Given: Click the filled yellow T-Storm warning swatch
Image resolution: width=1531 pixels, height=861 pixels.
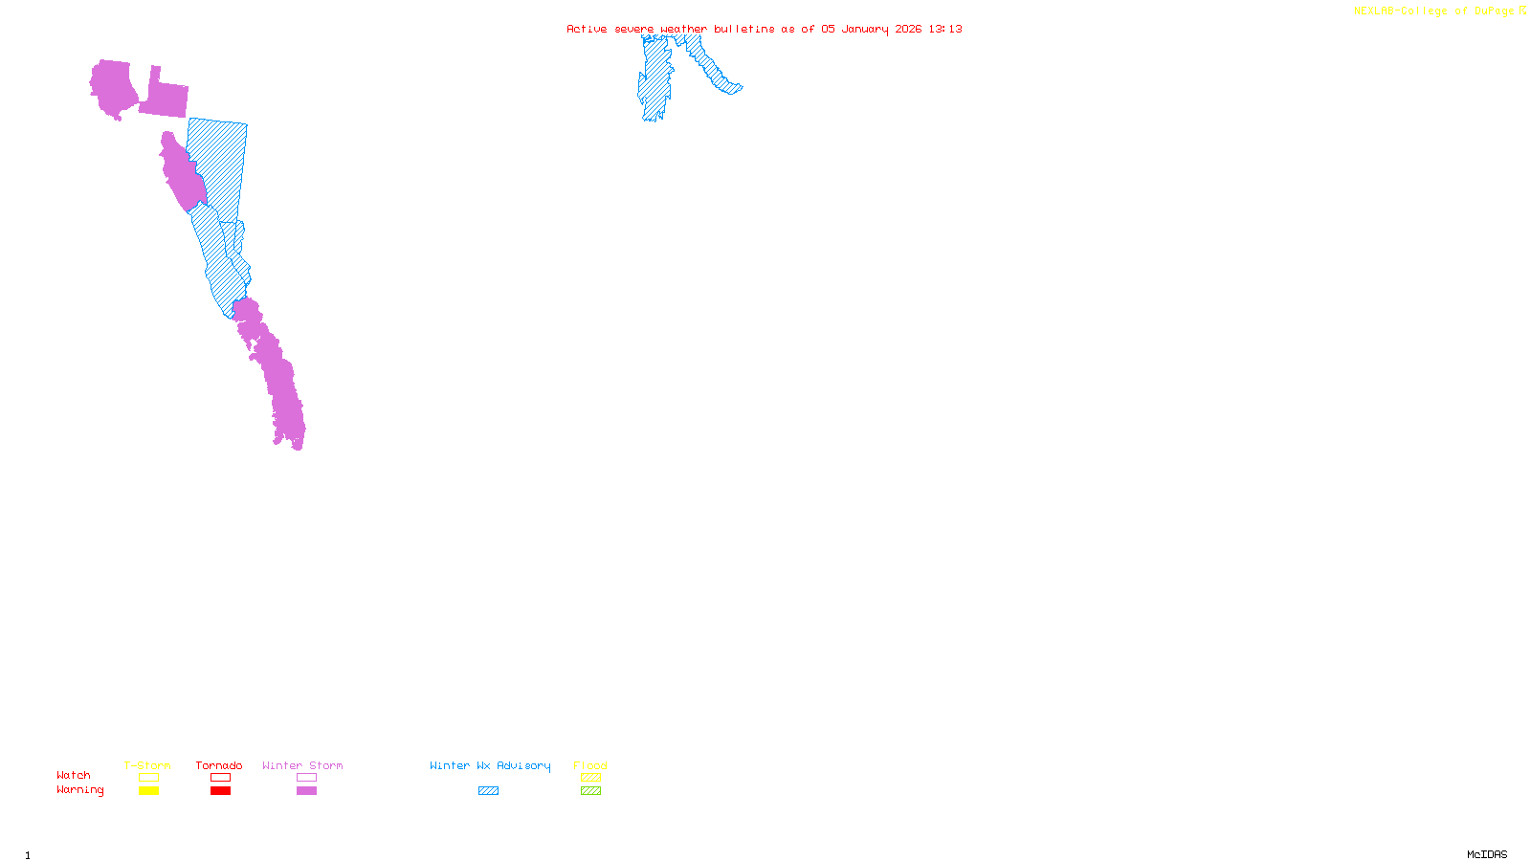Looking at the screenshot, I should pos(148,791).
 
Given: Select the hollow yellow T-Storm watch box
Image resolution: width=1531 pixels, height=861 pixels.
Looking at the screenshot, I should pos(148,778).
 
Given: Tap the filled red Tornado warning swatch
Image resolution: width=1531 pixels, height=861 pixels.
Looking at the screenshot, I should pos(220,791).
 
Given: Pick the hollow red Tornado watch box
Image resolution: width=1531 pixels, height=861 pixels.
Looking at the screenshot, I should pos(220,778).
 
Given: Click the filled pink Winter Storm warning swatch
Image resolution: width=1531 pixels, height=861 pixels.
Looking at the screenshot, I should pos(306,791).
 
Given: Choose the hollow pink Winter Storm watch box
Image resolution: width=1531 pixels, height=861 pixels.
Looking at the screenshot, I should pos(306,778).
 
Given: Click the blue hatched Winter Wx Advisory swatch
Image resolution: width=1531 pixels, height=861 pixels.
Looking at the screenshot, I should pos(488,791).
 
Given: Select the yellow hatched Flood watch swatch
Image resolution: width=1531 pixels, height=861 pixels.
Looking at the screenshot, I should pos(590,778).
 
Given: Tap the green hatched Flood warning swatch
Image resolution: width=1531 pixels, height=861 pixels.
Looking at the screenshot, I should pos(590,791).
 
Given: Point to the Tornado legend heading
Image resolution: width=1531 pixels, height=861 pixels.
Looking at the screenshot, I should pos(219,765).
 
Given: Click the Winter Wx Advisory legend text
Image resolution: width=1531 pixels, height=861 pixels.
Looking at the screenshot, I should pos(490,765).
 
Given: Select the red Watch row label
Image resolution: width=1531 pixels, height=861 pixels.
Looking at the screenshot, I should pos(74,775).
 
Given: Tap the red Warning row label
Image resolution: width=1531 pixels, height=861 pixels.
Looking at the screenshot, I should pos(80,790).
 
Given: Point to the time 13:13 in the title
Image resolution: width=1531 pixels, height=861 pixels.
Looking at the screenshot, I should pos(945,29).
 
